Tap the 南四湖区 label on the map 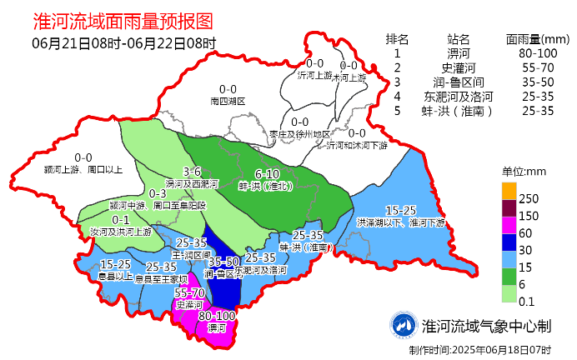click(x=228, y=101)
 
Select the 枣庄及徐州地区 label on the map click(x=299, y=133)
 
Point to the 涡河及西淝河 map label click(x=192, y=183)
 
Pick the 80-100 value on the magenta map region click(x=218, y=317)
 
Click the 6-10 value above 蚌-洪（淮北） click(x=268, y=174)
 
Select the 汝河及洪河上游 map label click(x=121, y=231)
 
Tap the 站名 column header click(x=458, y=39)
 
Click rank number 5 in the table click(x=398, y=110)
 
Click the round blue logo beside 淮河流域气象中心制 click(x=404, y=325)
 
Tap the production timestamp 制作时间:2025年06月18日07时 click(x=479, y=349)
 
